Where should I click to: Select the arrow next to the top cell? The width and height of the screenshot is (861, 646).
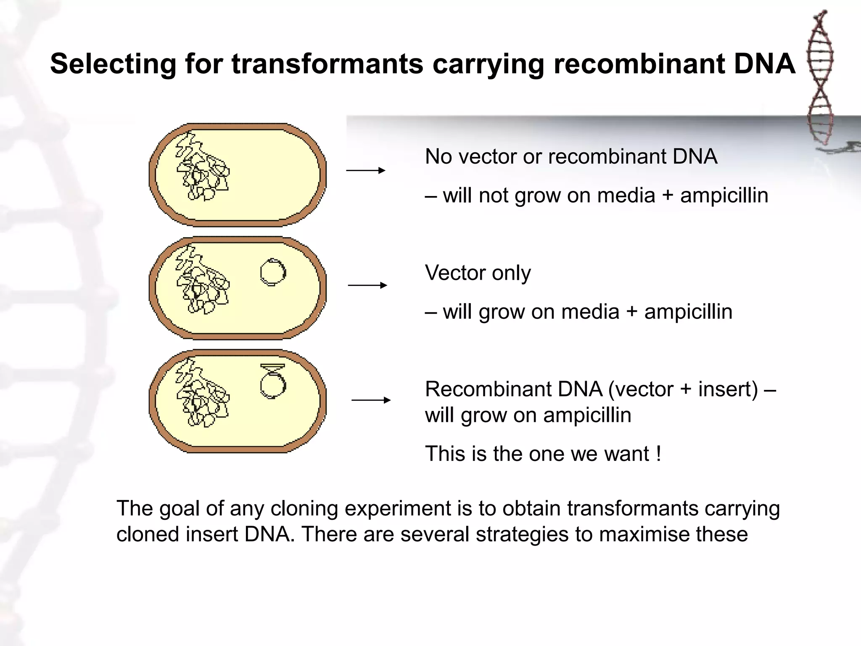pyautogui.click(x=365, y=170)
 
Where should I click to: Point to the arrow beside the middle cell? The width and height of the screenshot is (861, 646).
pyautogui.click(x=367, y=286)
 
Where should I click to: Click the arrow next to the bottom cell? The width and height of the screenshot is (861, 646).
pyautogui.click(x=370, y=400)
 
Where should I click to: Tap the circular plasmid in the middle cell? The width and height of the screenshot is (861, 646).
pyautogui.click(x=273, y=272)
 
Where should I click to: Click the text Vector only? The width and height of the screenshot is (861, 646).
pyautogui.click(x=478, y=273)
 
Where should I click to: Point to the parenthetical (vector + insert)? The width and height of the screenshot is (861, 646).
pyautogui.click(x=683, y=389)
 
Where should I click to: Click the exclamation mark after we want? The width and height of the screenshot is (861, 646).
pyautogui.click(x=658, y=454)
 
